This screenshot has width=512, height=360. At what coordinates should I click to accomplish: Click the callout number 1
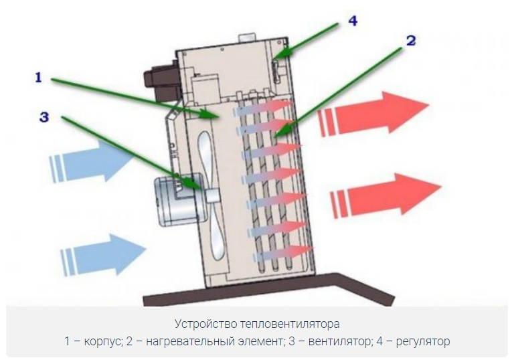38,78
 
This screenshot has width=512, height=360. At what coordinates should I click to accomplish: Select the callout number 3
44,117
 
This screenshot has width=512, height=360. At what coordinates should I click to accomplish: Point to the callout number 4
352,21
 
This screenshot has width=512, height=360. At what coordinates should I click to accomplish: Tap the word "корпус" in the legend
102,341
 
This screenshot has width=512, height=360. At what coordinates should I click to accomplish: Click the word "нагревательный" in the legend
181,341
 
